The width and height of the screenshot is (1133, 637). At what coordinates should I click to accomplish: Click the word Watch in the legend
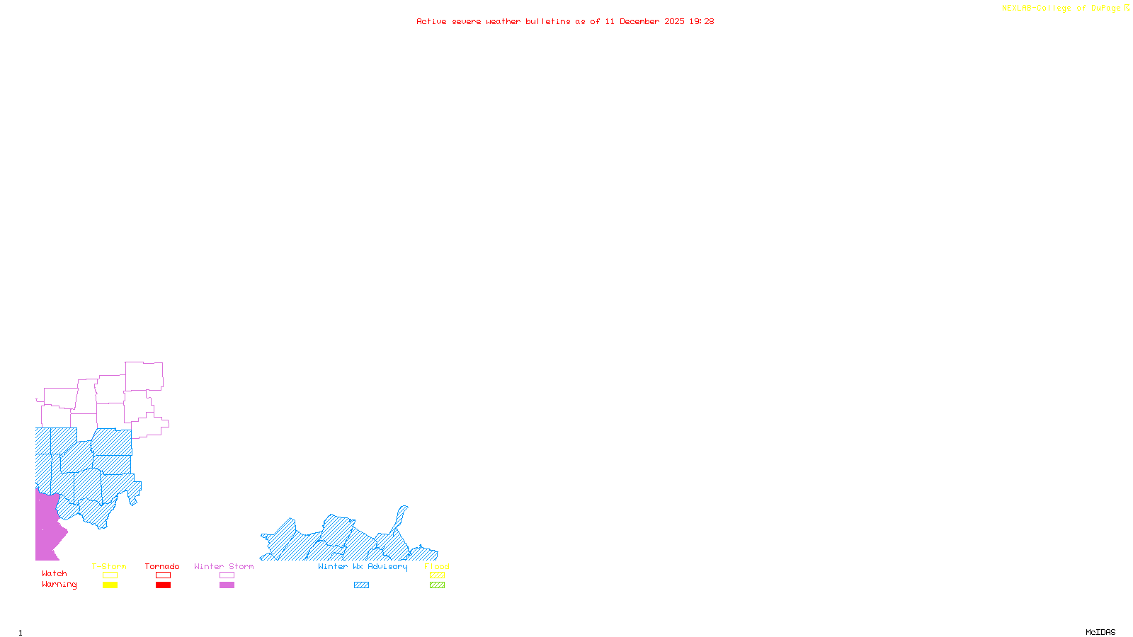click(x=55, y=573)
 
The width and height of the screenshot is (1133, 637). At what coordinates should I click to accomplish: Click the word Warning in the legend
click(x=59, y=585)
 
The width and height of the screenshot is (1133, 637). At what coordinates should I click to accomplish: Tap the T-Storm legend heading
click(x=109, y=566)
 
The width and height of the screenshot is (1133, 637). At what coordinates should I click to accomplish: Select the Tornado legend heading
click(x=162, y=566)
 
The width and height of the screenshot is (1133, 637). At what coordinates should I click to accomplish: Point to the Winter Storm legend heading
click(x=224, y=566)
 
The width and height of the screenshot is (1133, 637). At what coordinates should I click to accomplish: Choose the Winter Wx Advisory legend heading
click(x=363, y=566)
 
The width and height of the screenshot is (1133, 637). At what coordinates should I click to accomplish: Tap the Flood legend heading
click(x=437, y=566)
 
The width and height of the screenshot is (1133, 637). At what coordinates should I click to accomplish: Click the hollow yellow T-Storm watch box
click(x=110, y=575)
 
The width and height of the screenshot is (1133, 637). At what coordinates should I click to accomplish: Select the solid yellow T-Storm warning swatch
click(x=110, y=585)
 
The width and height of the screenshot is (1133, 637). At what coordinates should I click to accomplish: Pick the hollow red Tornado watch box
click(x=163, y=575)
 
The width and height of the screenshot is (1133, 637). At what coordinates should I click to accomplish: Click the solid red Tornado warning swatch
click(x=163, y=585)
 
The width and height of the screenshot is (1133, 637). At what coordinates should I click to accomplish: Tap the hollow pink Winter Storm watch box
click(x=227, y=575)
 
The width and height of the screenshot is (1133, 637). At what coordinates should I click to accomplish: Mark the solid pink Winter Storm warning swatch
click(x=227, y=585)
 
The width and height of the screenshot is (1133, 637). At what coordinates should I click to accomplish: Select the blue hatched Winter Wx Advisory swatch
click(x=361, y=585)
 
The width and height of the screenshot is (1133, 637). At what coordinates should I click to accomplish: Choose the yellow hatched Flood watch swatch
click(x=437, y=575)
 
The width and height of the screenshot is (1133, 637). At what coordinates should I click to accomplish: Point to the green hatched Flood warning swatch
click(x=437, y=585)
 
